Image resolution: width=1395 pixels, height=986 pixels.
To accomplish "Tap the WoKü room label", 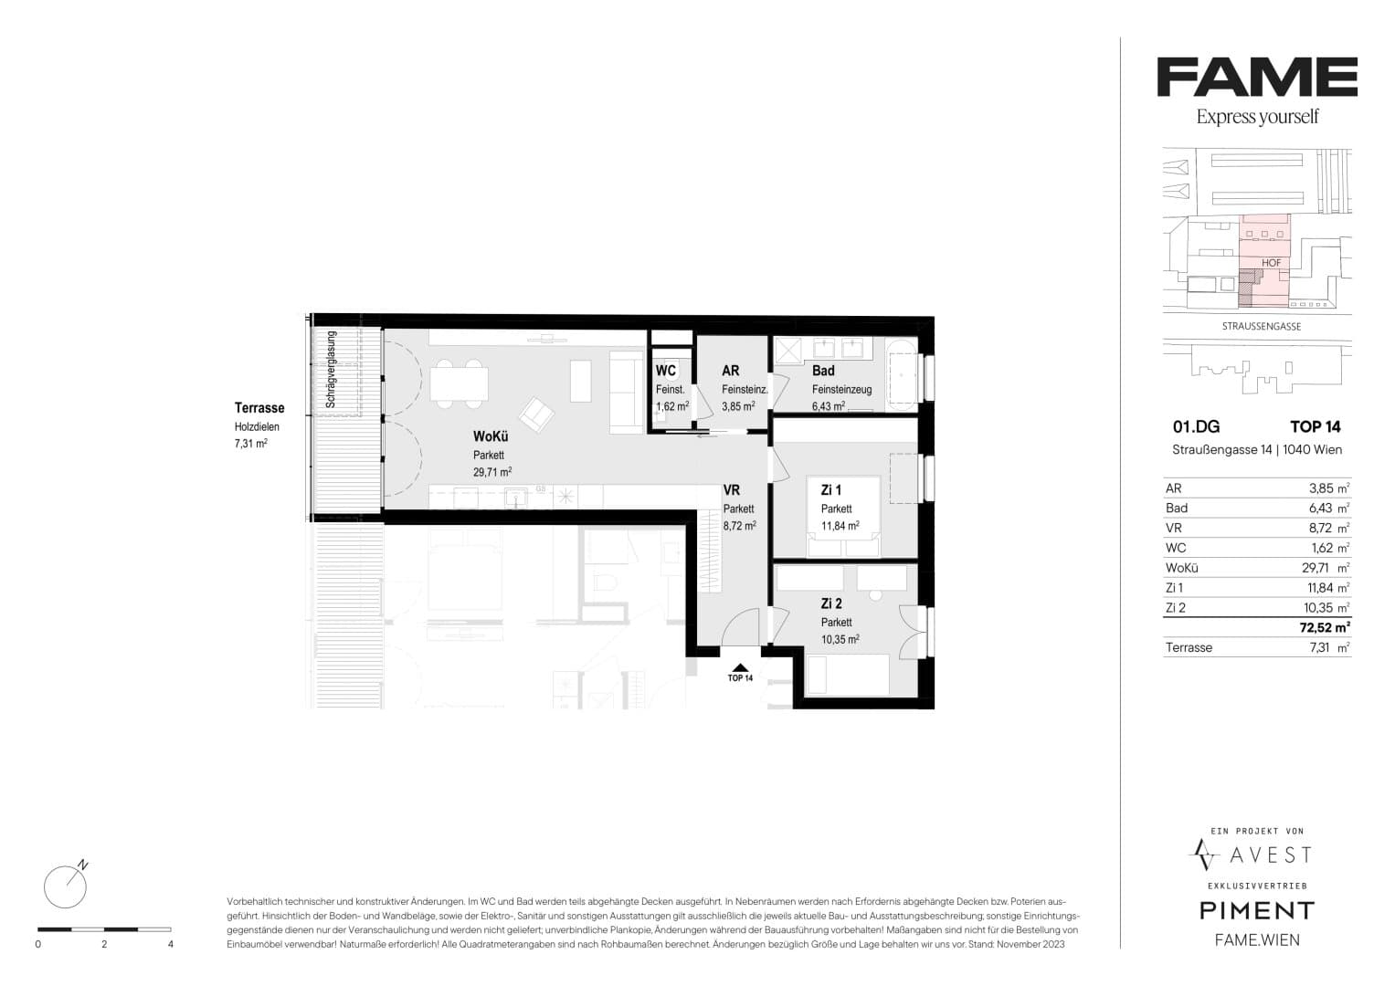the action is pos(490,436).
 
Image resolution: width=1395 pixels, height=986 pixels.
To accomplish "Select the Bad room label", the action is pos(823,371).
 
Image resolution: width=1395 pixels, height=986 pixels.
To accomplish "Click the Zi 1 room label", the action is pos(830,490).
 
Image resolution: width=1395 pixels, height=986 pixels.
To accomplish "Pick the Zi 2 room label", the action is pos(831,603).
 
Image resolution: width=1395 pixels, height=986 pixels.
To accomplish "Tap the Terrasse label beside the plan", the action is pos(259,408).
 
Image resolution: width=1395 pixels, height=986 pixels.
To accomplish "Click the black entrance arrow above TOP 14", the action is pos(741,667).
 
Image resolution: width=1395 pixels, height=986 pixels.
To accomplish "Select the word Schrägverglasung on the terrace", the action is pos(331,369).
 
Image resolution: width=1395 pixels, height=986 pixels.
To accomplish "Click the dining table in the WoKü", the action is pos(459,383).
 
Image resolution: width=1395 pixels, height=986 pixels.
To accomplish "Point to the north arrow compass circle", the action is pos(65,887).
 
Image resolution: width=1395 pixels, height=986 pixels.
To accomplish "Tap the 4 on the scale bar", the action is pos(171,944).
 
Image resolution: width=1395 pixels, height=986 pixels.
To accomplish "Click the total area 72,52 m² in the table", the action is pos(1325,627).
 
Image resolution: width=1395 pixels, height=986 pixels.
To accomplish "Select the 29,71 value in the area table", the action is pos(1316,568).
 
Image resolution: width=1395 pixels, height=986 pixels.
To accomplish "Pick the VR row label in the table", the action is pos(1173,528).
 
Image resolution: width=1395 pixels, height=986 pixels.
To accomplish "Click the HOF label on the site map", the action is pos(1271,263).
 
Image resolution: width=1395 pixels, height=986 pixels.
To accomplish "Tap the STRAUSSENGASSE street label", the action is pos(1261,326).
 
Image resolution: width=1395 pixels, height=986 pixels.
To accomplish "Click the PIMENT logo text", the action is pos(1257,911).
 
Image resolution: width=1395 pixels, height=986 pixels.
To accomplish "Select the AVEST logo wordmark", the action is pos(1271,855).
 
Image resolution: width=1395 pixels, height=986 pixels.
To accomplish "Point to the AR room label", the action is pos(731,371).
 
